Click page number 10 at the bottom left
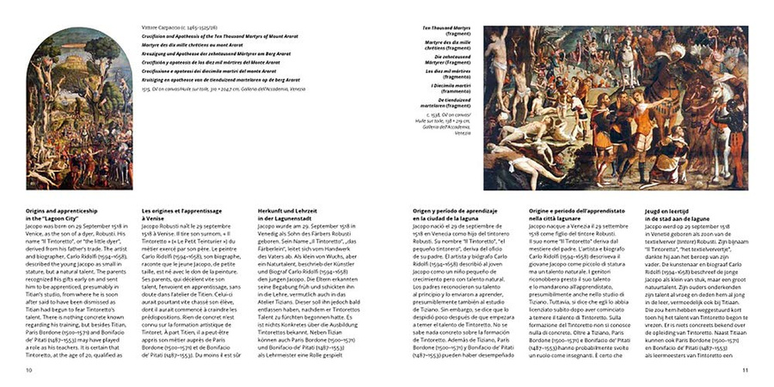29,371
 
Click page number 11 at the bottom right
745,371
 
